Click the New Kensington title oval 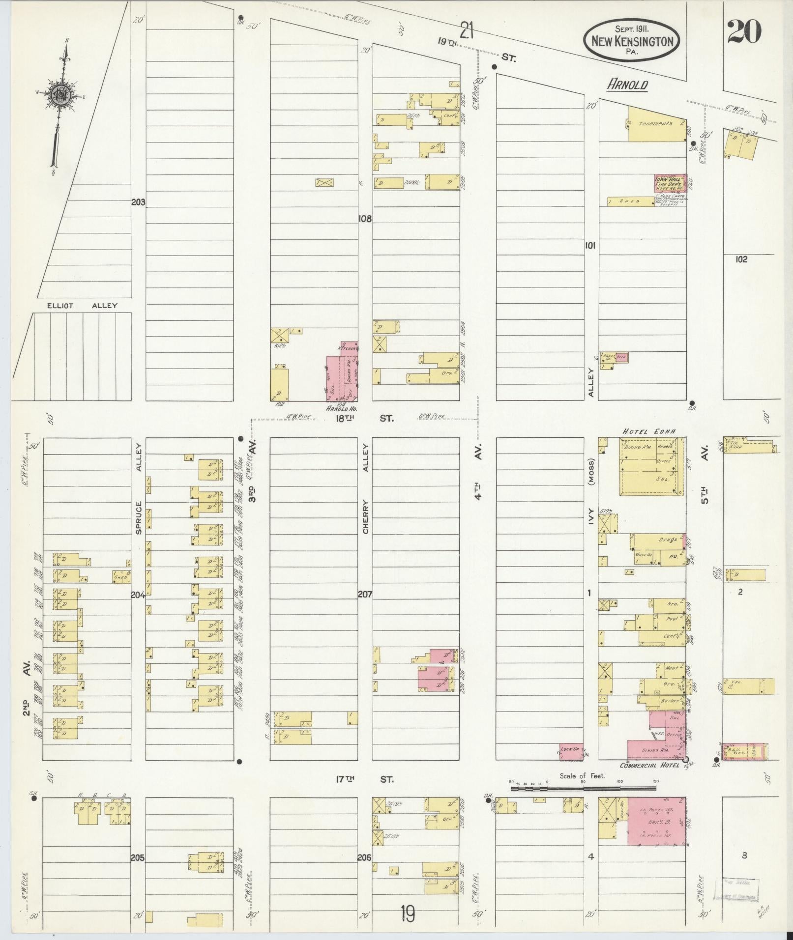tap(632, 41)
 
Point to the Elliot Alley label tap(82, 306)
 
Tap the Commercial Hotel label tap(649, 779)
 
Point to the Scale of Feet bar tap(583, 788)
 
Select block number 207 tap(365, 594)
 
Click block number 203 tap(138, 202)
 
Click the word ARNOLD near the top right tap(627, 85)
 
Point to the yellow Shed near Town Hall tap(630, 201)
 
